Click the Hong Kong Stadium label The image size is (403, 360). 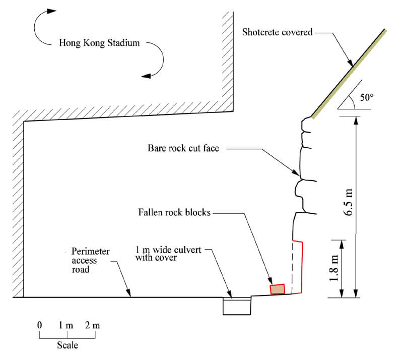[99, 43]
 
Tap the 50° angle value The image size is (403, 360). [367, 97]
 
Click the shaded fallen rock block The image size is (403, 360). [278, 289]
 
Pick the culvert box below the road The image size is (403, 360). [237, 306]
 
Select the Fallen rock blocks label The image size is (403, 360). [174, 212]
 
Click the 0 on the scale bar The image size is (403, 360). [39, 325]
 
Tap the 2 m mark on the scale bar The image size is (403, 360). [92, 325]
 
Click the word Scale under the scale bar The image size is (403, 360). [67, 346]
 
